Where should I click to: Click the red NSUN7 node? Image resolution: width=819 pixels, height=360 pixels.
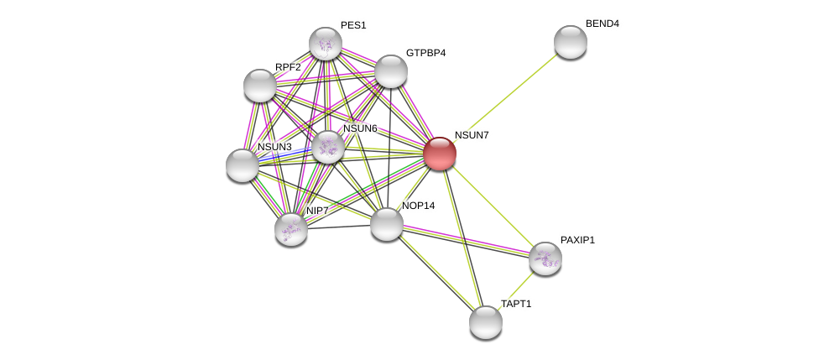[x=440, y=154]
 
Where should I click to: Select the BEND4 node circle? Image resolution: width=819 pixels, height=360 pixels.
[x=571, y=42]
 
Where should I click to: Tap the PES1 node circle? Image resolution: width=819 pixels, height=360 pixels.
[x=326, y=44]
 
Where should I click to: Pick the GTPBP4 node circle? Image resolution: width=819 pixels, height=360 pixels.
[x=391, y=71]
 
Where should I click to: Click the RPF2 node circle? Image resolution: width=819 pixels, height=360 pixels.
[x=260, y=86]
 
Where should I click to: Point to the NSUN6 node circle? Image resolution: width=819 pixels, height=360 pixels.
[x=328, y=147]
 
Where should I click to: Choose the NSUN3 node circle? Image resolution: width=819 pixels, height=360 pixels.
[x=243, y=165]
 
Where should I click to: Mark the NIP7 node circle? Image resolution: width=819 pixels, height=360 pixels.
[x=291, y=229]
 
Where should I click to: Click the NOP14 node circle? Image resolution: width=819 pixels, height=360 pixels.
[x=387, y=224]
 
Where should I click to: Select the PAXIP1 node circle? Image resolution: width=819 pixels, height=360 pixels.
[x=545, y=258]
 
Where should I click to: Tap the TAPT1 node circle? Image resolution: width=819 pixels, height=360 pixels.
[x=486, y=322]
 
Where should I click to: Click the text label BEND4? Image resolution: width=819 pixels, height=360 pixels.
[x=602, y=23]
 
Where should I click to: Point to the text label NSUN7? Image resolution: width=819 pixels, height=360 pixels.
[x=471, y=135]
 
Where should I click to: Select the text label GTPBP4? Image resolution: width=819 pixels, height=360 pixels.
[x=425, y=53]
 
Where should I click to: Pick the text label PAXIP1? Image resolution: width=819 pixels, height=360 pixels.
[x=577, y=240]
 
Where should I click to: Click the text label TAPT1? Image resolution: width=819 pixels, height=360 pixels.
[x=516, y=304]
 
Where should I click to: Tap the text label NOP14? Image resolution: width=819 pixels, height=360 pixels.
[x=418, y=206]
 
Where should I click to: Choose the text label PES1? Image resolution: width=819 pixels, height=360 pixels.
[x=353, y=25]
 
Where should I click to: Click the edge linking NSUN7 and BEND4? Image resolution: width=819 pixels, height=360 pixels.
[x=505, y=97]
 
